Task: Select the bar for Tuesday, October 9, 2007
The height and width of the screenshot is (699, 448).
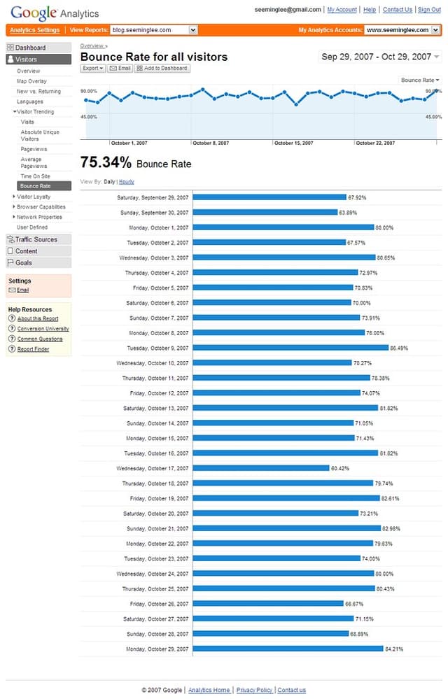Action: coord(290,348)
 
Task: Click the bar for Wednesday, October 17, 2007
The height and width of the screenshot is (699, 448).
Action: coord(260,468)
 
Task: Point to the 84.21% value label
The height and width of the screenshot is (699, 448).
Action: coord(394,649)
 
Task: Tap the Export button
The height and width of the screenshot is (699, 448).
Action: coord(92,69)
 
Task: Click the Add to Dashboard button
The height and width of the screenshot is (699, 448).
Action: coord(162,69)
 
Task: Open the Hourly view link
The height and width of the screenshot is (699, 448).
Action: coord(126,182)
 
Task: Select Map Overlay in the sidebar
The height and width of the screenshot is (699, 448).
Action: coord(31,81)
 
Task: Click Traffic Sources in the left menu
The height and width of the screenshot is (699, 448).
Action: coord(36,239)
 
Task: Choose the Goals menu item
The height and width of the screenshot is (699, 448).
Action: coord(24,262)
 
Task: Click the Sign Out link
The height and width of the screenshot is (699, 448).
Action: coord(429,10)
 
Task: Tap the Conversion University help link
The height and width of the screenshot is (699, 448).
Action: coord(43,329)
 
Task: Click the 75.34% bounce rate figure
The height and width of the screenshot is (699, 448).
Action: coord(106,163)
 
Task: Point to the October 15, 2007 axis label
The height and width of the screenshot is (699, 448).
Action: coord(293,143)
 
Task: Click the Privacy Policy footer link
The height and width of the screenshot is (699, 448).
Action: coord(254,690)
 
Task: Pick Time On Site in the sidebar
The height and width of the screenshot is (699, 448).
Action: coord(35,176)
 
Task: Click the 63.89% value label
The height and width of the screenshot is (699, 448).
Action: coord(349,213)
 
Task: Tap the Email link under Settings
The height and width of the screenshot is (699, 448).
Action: coord(23,290)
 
